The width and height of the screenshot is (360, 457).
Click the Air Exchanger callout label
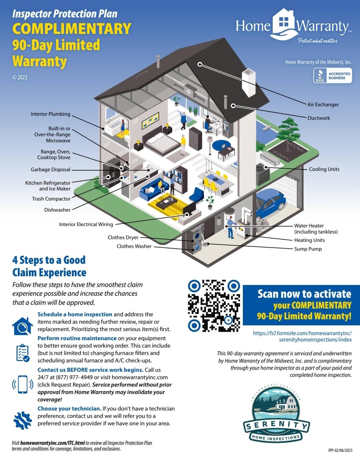(323, 105)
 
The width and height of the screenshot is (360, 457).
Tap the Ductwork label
(319, 118)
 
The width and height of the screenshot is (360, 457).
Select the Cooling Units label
(324, 169)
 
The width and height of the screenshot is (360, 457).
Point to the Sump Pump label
(308, 249)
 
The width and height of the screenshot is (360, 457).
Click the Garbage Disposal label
(51, 170)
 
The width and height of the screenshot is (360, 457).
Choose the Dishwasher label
(57, 210)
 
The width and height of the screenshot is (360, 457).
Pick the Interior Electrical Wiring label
(86, 224)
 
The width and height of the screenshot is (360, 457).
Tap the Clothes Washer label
(134, 246)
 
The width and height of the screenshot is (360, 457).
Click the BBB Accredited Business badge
(332, 76)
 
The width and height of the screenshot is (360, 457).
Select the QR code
(214, 306)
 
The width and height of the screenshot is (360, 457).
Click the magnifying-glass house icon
(23, 326)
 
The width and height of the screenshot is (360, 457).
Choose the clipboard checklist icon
(23, 352)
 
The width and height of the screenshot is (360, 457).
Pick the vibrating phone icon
(23, 384)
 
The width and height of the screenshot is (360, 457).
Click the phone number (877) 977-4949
(74, 378)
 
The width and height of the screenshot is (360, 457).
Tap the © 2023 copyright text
(20, 77)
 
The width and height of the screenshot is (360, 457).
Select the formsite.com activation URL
(302, 337)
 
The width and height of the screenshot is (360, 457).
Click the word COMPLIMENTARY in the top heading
(71, 29)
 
